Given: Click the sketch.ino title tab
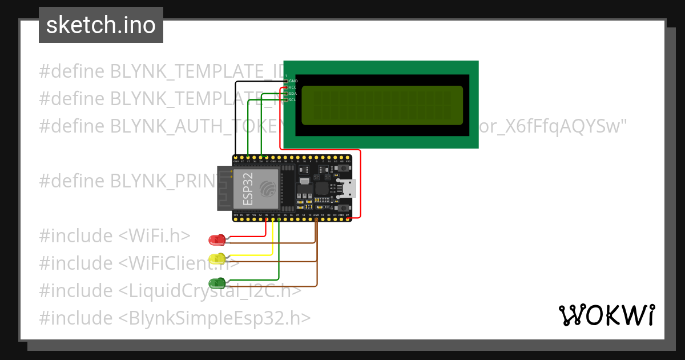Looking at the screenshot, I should (100, 25).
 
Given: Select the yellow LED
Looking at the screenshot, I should (217, 258).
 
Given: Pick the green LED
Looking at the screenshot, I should (217, 282).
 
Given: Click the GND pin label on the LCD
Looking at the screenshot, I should (293, 81).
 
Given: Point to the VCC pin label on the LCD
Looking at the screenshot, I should (293, 87).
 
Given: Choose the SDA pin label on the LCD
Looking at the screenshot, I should (293, 94).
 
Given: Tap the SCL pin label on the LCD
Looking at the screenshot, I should (293, 100).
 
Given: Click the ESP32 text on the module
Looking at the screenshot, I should (248, 189).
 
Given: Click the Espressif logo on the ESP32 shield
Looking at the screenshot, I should (267, 188).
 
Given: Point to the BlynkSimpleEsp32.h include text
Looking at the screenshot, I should (215, 318).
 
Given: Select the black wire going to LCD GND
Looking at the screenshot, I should (236, 114).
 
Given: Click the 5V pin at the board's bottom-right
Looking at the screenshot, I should (348, 219).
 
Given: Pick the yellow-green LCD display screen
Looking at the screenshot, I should (382, 105).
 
